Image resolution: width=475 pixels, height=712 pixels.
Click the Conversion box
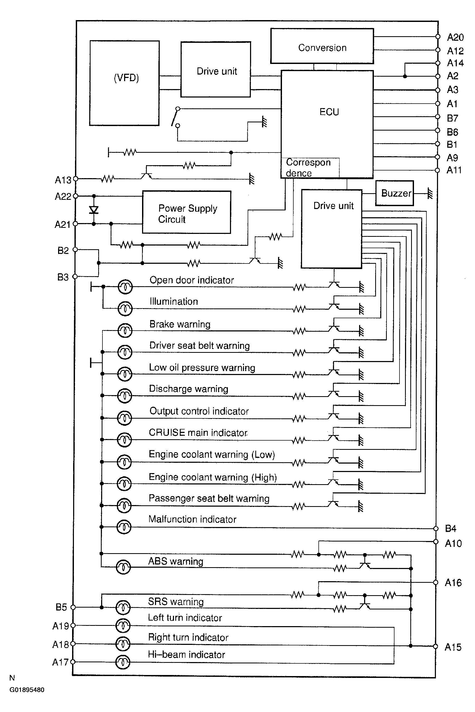tap(322, 46)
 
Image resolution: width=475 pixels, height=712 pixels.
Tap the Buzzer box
tap(395, 193)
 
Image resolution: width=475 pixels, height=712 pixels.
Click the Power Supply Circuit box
tap(187, 212)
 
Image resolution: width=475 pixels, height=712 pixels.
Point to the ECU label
tap(329, 112)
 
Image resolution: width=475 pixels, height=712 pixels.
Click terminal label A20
tap(455, 37)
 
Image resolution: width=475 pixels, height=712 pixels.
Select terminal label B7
tap(452, 118)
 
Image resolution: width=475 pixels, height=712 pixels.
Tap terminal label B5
tap(61, 607)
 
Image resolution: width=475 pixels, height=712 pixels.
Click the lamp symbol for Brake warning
tap(125, 330)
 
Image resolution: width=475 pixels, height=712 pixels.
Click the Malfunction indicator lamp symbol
tap(124, 527)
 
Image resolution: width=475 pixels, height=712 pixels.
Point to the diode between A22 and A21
tap(94, 210)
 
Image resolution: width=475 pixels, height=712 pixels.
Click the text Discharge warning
tap(189, 389)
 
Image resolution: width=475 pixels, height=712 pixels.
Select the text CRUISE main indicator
tap(198, 432)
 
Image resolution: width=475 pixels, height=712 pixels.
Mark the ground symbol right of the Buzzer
tap(430, 193)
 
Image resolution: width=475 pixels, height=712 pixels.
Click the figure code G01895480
tap(27, 690)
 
